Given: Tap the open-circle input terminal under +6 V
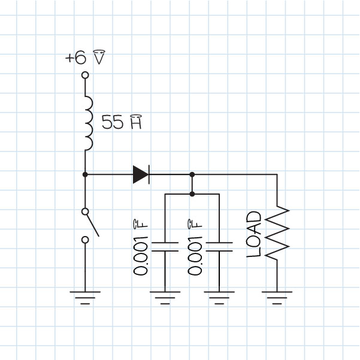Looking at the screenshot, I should [x=85, y=75].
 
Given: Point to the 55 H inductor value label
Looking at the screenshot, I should [x=122, y=123].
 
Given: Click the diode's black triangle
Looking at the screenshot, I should [x=140, y=174].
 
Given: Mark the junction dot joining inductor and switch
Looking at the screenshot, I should [x=85, y=174].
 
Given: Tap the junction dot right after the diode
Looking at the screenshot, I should [x=192, y=174].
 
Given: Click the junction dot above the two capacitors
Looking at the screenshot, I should [x=192, y=194].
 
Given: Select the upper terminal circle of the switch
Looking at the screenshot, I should [x=85, y=211].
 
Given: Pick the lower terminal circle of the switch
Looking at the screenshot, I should [x=85, y=240].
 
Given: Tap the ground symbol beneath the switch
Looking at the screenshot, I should [x=85, y=296].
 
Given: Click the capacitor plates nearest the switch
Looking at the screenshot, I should [x=164, y=247].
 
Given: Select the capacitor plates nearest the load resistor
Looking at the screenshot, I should [x=219, y=247].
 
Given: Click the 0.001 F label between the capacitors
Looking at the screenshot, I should [x=195, y=249].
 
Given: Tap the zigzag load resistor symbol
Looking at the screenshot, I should [x=277, y=234].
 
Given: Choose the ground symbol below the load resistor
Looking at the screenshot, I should [x=277, y=296].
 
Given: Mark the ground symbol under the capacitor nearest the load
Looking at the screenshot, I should [x=219, y=296].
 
